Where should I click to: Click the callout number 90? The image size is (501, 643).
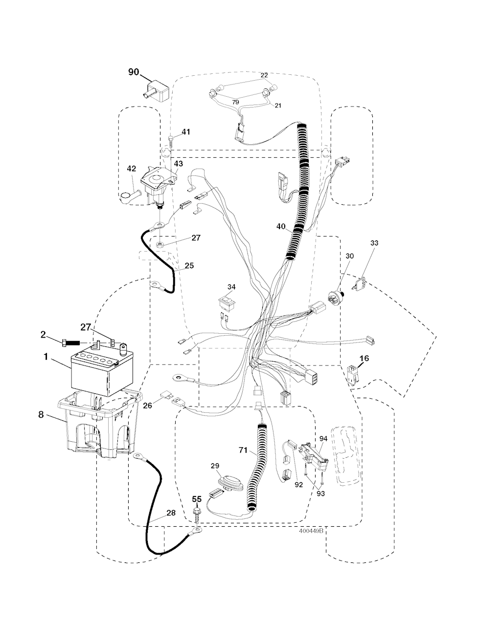pyautogui.click(x=134, y=72)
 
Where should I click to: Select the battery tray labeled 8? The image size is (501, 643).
pyautogui.click(x=99, y=425)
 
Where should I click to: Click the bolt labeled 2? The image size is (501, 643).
pyautogui.click(x=71, y=343)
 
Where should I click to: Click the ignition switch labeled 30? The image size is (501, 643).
pyautogui.click(x=336, y=297)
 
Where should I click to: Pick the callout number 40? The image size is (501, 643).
pyautogui.click(x=281, y=226)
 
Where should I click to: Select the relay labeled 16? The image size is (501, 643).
pyautogui.click(x=352, y=376)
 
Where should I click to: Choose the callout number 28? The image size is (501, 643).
pyautogui.click(x=171, y=513)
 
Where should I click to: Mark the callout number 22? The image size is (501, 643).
pyautogui.click(x=264, y=75)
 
